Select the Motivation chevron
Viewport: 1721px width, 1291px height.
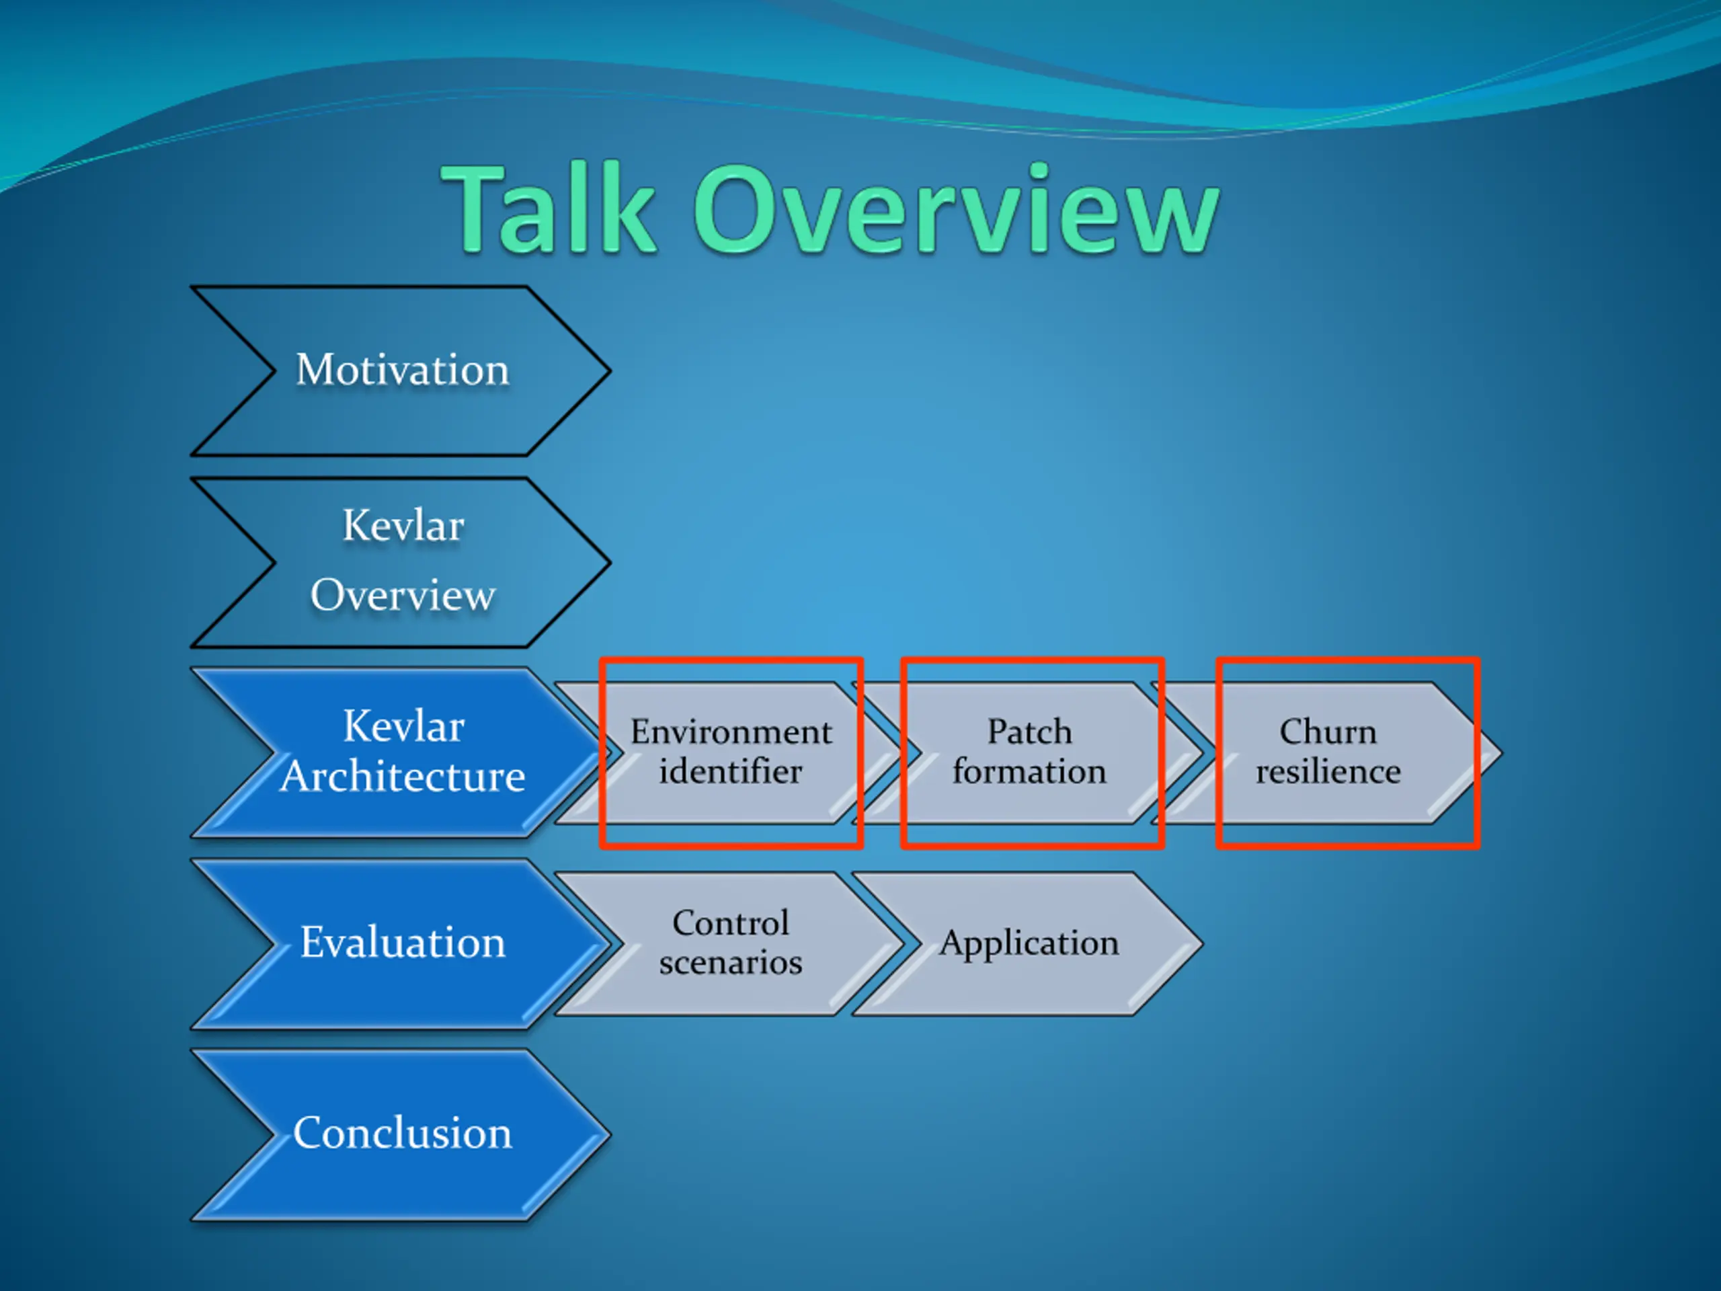(x=401, y=370)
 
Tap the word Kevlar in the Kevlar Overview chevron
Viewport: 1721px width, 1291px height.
(x=403, y=526)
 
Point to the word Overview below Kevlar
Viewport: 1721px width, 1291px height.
(x=402, y=595)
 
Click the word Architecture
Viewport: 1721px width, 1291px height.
(x=402, y=777)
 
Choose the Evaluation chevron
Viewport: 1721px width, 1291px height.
(x=401, y=943)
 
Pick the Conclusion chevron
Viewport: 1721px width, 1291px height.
(x=401, y=1134)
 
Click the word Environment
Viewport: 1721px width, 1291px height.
(x=731, y=732)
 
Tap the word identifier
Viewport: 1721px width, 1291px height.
(x=731, y=771)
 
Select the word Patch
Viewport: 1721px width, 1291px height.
(x=1029, y=732)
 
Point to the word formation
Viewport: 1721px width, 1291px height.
(x=1029, y=771)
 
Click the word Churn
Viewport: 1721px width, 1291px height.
(x=1328, y=732)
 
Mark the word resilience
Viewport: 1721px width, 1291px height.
(x=1328, y=771)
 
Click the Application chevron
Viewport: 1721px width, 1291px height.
(x=1029, y=944)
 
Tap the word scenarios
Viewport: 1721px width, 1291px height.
(x=731, y=963)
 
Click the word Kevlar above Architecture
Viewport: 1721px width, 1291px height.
(x=403, y=727)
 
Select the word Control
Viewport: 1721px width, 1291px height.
(x=731, y=923)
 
